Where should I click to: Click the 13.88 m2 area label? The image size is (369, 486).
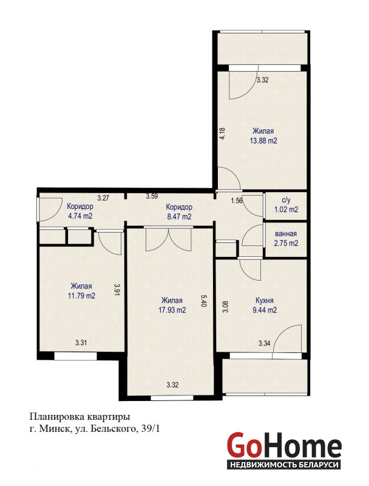click(x=263, y=140)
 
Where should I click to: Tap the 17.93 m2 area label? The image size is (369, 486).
click(x=172, y=310)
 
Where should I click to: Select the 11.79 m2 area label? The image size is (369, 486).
click(x=81, y=295)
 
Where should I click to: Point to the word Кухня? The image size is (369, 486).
click(x=265, y=300)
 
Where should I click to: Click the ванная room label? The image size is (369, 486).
click(x=286, y=234)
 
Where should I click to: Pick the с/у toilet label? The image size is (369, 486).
click(x=286, y=200)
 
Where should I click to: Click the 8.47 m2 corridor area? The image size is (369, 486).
click(x=179, y=216)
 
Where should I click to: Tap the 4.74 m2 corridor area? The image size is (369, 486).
click(x=80, y=216)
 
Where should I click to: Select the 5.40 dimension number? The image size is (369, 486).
click(x=203, y=300)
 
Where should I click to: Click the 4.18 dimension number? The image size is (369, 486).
click(x=222, y=134)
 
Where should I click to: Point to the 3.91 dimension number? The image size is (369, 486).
click(x=117, y=290)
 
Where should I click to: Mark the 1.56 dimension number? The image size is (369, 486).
click(x=237, y=200)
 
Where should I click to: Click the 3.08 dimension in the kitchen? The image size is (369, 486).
click(x=225, y=306)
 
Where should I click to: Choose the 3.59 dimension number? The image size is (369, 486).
click(x=152, y=196)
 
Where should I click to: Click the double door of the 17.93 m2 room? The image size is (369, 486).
click(x=168, y=239)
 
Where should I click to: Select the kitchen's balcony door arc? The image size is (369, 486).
click(x=286, y=338)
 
